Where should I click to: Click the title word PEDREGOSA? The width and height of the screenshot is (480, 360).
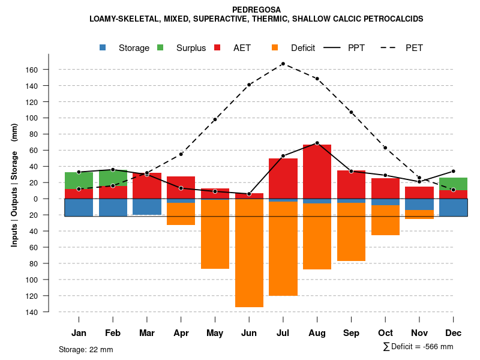pyautogui.click(x=256, y=10)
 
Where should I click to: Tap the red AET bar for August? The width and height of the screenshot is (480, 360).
pyautogui.click(x=317, y=171)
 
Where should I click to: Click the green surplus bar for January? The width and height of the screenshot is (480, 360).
pyautogui.click(x=79, y=180)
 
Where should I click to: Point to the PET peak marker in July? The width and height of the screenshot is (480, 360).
pyautogui.click(x=283, y=64)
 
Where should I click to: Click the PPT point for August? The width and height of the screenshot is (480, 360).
pyautogui.click(x=317, y=143)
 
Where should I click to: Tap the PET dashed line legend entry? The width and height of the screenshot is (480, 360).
pyautogui.click(x=405, y=48)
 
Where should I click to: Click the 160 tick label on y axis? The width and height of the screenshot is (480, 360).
pyautogui.click(x=32, y=70)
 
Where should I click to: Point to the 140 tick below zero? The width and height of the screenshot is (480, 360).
pyautogui.click(x=32, y=312)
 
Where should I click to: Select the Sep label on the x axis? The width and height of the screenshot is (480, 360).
pyautogui.click(x=351, y=333)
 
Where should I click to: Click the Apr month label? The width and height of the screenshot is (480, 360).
pyautogui.click(x=181, y=333)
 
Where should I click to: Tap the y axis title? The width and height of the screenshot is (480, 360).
pyautogui.click(x=14, y=185)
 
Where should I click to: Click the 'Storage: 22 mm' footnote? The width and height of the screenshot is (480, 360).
pyautogui.click(x=86, y=349)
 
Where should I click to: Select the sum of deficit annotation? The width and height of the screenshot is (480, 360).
pyautogui.click(x=418, y=347)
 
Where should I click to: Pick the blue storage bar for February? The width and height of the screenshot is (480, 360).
pyautogui.click(x=113, y=208)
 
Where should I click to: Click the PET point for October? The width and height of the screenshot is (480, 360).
pyautogui.click(x=385, y=148)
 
